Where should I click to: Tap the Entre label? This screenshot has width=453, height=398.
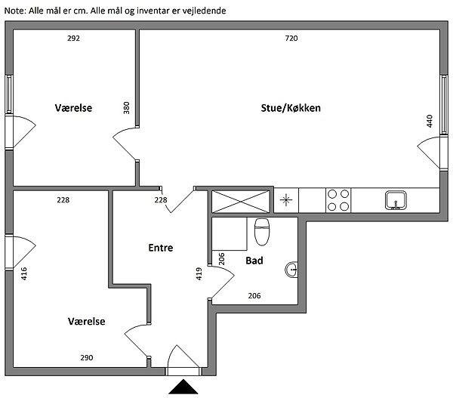(x=161, y=247)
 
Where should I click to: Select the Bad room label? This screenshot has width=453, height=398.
(x=254, y=261)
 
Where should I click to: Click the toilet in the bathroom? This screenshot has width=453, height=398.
(x=262, y=232)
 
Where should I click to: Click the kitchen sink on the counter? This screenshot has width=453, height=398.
(x=396, y=200)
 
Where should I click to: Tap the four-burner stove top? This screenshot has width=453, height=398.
(x=337, y=199)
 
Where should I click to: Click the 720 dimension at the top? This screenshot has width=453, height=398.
(x=291, y=38)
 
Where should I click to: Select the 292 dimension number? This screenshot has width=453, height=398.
(x=73, y=38)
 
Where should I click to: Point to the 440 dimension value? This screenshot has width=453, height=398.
(x=430, y=121)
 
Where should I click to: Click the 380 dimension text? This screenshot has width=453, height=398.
(x=126, y=109)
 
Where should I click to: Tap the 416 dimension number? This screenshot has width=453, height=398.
(x=24, y=273)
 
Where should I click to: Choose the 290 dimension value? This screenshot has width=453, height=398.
(x=87, y=357)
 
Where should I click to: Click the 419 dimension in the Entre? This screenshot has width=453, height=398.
(x=199, y=273)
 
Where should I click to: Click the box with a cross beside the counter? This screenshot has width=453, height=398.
(x=240, y=200)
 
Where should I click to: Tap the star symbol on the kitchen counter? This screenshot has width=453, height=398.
(x=286, y=200)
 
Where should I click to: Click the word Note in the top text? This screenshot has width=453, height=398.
(x=14, y=11)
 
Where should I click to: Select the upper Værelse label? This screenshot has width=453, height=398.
(x=73, y=108)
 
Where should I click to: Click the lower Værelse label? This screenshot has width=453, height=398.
(x=87, y=321)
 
